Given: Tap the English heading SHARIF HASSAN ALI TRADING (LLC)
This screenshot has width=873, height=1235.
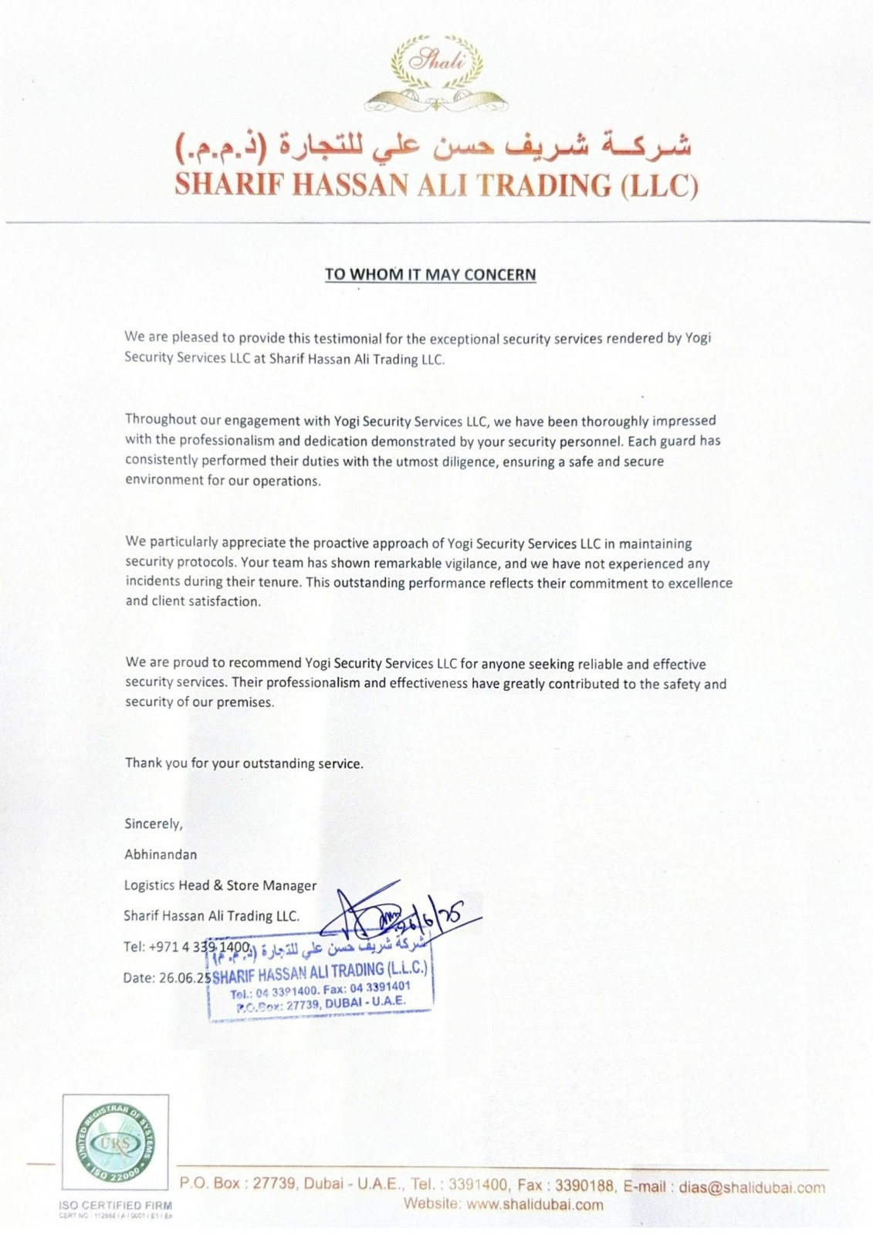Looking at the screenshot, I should (436, 185).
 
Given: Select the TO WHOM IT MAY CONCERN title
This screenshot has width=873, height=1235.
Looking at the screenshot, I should (430, 274).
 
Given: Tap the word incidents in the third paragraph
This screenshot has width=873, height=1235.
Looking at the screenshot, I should (151, 583).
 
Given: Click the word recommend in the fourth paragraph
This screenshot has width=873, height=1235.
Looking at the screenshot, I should (270, 664).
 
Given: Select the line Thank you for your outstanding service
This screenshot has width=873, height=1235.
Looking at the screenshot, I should (243, 763).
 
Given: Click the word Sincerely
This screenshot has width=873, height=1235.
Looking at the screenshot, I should (154, 824).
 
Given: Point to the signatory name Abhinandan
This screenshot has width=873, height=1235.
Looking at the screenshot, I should (161, 854).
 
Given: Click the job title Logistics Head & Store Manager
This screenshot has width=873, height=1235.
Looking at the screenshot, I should (220, 885).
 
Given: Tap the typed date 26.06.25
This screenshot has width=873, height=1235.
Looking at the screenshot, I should (185, 978).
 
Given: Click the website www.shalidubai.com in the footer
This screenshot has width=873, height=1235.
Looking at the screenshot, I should (535, 1205).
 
